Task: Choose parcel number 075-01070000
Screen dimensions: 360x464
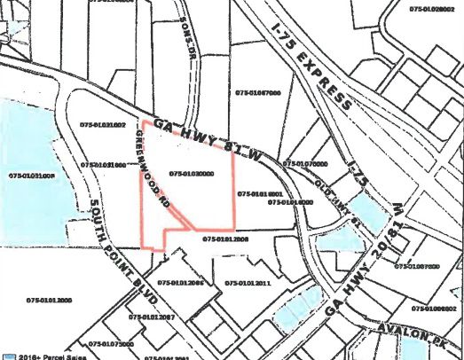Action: [305, 164]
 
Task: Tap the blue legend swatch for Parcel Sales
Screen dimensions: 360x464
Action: [7, 355]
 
